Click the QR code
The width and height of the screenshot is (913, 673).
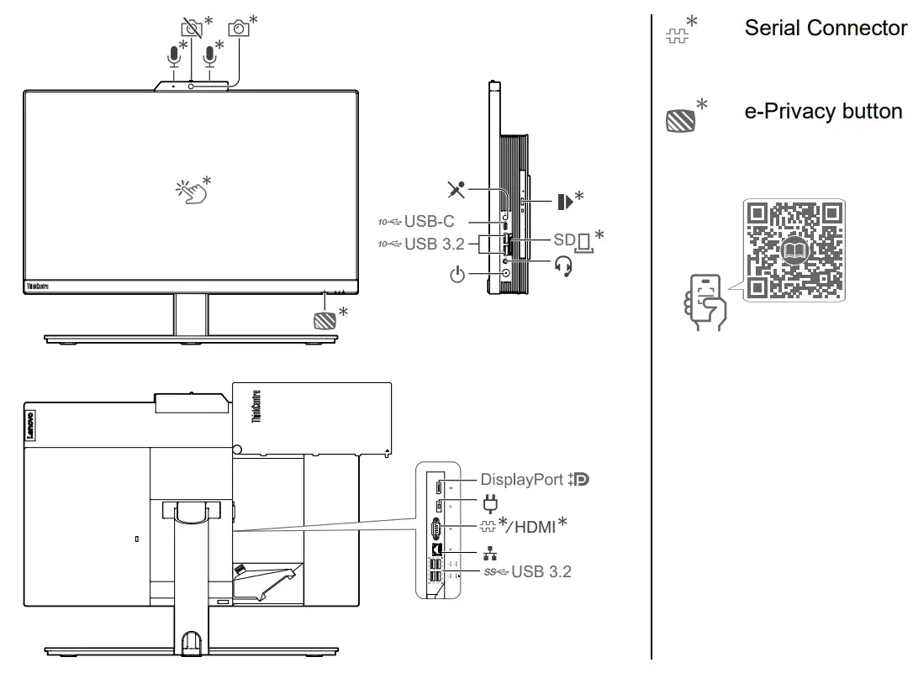(794, 250)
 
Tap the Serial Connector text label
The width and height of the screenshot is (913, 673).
(825, 28)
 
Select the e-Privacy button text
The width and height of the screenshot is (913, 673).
(823, 112)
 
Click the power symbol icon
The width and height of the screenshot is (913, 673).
(456, 275)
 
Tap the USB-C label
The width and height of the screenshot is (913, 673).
(429, 222)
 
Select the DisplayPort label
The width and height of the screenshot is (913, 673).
(521, 480)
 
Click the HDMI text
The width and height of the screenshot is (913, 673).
(535, 526)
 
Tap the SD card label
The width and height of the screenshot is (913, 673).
(563, 240)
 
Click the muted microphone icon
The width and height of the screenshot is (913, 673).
(456, 189)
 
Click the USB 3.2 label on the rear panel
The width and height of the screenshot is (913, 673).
(541, 571)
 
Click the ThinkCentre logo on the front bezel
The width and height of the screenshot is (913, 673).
(39, 287)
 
